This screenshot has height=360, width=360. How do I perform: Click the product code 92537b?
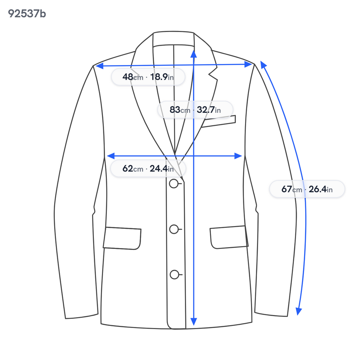click(x=27, y=14)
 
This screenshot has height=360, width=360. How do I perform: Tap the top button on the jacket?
click(x=174, y=184)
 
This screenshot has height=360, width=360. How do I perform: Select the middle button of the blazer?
click(x=174, y=229)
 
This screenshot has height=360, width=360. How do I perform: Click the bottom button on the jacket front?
click(x=174, y=275)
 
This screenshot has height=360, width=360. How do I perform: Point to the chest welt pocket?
click(x=219, y=121)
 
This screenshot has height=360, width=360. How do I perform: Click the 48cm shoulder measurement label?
click(x=148, y=77)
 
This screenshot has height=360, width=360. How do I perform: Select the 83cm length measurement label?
click(x=195, y=110)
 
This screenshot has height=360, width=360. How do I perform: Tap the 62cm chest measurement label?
click(x=148, y=168)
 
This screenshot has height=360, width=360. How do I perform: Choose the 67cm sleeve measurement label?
click(x=307, y=189)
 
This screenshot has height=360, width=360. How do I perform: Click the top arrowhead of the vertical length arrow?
click(x=194, y=54)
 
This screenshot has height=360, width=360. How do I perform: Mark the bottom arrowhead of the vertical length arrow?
click(x=194, y=322)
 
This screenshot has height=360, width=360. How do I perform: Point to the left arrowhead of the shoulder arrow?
click(x=99, y=66)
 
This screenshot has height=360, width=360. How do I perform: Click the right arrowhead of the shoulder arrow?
click(x=249, y=65)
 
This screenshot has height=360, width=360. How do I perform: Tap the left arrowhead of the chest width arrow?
click(x=111, y=156)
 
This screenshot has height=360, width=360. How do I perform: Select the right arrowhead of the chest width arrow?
click(x=238, y=156)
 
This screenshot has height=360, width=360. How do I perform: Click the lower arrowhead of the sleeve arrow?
click(x=298, y=311)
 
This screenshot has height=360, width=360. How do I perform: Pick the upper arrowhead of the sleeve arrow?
click(x=263, y=65)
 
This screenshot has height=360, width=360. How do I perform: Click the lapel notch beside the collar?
click(x=213, y=74)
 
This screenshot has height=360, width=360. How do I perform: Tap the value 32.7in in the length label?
click(x=209, y=110)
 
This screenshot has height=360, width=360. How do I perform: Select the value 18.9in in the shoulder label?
click(x=162, y=77)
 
